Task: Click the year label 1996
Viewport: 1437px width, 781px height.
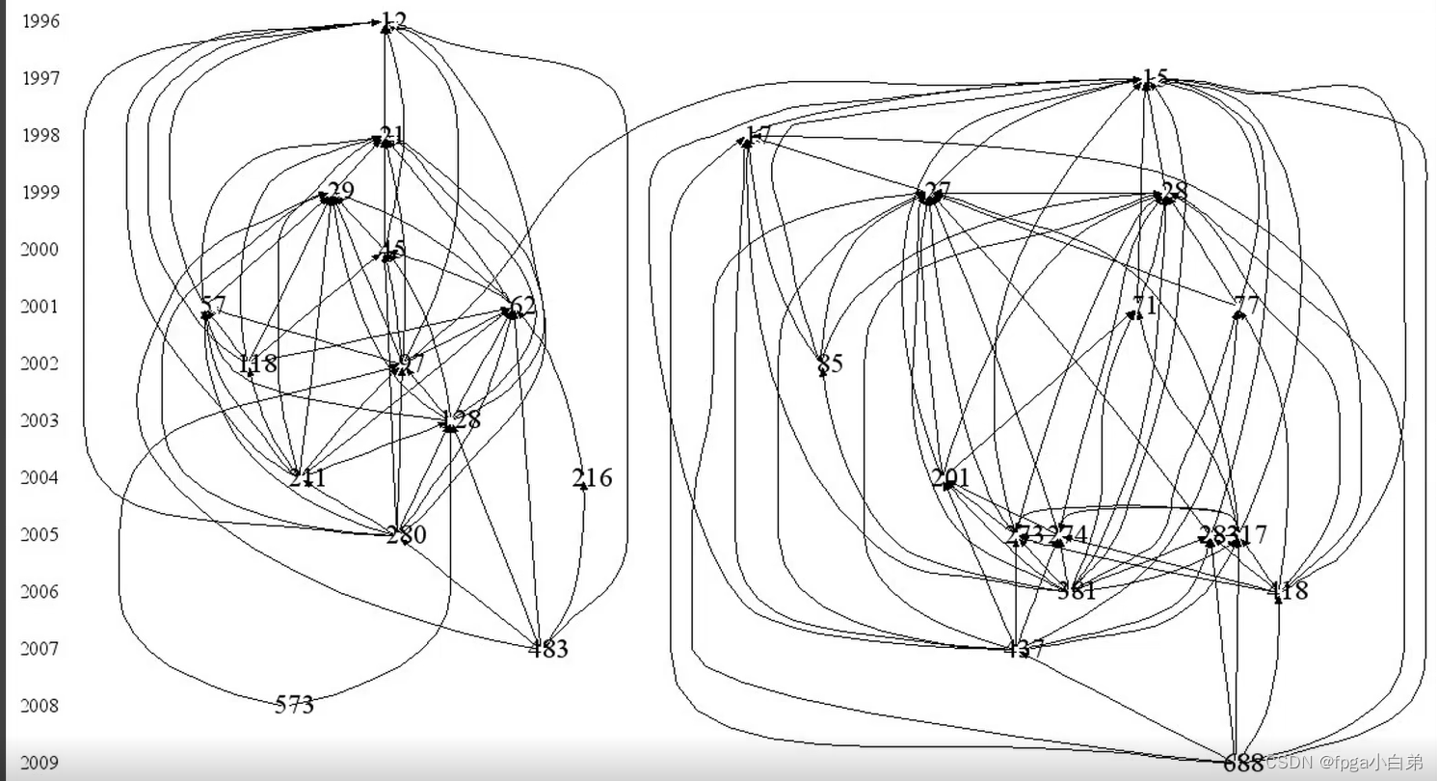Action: tap(40, 21)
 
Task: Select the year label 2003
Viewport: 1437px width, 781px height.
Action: tap(40, 420)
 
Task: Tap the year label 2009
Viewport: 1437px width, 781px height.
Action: tap(40, 763)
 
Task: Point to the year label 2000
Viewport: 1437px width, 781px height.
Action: tap(40, 250)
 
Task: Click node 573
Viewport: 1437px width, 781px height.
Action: tap(294, 706)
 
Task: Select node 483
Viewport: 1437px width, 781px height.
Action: tap(548, 649)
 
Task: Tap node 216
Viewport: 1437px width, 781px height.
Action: tap(592, 478)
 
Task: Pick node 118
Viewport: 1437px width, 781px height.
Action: tap(257, 364)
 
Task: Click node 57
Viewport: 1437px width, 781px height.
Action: tap(213, 307)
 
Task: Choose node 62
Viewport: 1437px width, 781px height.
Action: tap(520, 308)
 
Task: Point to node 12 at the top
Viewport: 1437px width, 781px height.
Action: tap(393, 21)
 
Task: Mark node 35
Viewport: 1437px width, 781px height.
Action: tap(830, 364)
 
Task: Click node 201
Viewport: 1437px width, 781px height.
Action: tap(950, 478)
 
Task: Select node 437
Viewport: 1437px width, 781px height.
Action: tap(1024, 649)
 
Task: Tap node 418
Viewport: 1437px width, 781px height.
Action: tap(1289, 591)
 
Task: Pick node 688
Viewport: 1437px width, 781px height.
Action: tap(1243, 764)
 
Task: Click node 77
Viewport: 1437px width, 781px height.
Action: tap(1246, 307)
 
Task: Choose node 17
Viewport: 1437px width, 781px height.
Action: tap(758, 136)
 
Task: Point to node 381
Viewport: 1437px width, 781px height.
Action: tap(1077, 591)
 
